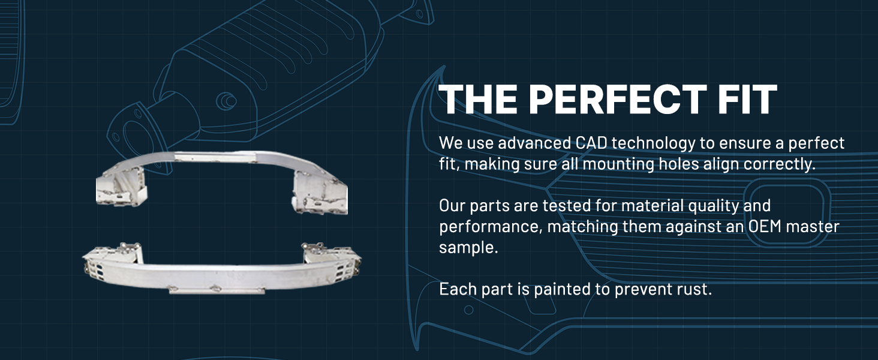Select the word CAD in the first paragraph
click(x=591, y=143)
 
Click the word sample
click(x=468, y=248)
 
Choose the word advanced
click(x=534, y=143)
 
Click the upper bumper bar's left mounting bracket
click(x=122, y=187)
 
